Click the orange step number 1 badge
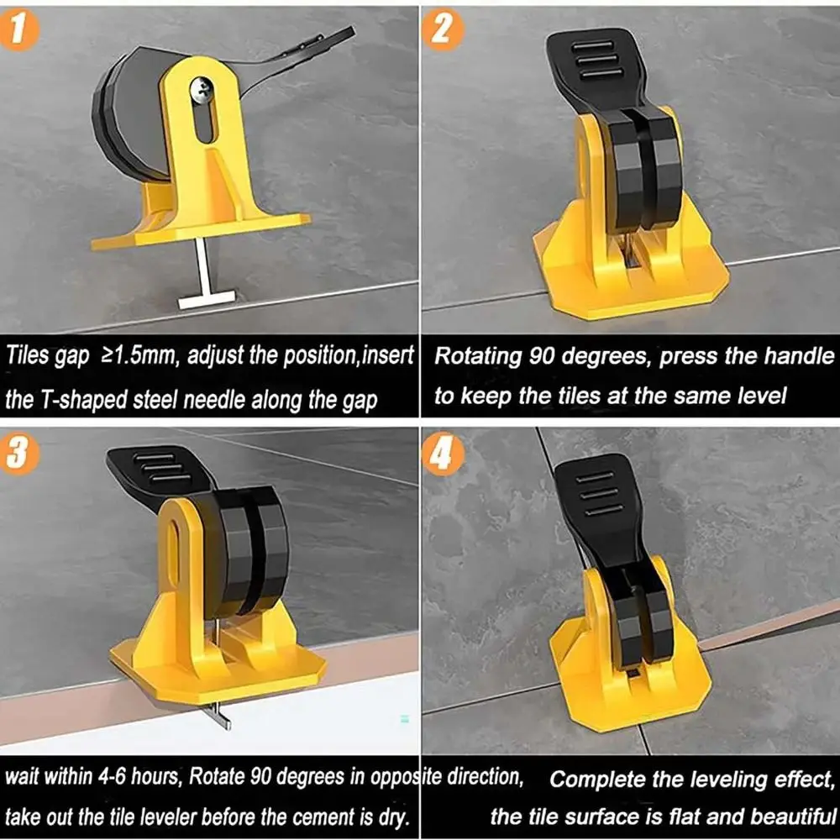22,31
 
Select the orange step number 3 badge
22,454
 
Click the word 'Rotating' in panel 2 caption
477,355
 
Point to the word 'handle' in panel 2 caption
798,355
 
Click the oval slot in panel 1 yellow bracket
206,130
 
